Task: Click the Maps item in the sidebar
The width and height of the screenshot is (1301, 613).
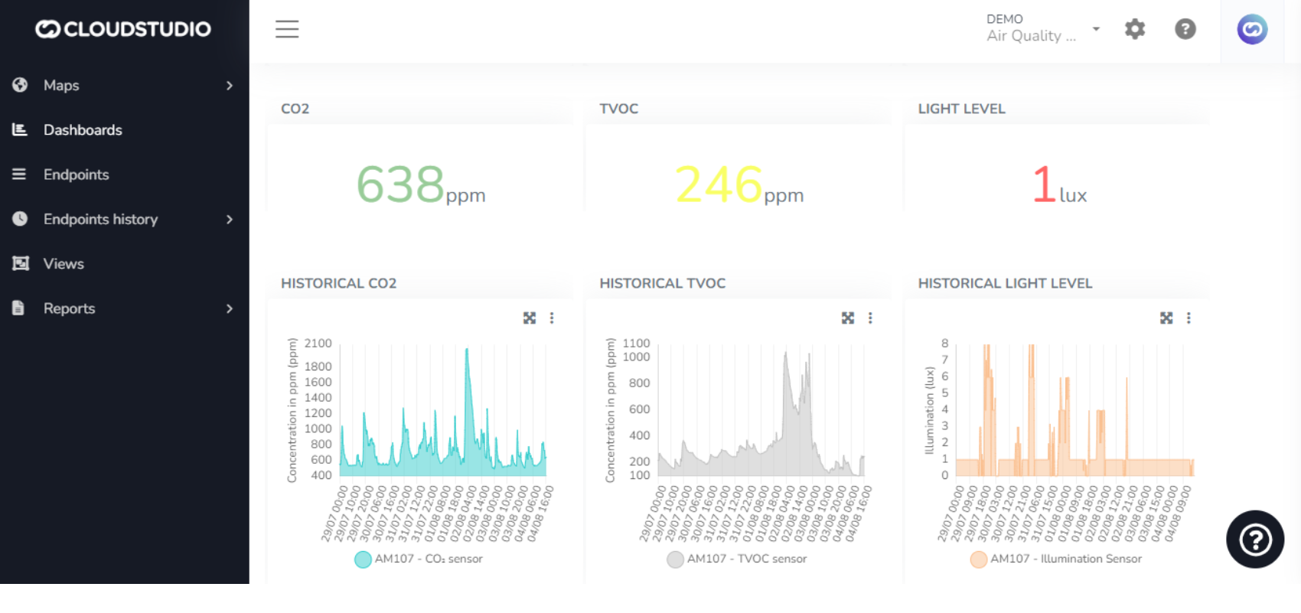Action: pos(61,86)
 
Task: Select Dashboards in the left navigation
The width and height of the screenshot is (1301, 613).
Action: pos(83,130)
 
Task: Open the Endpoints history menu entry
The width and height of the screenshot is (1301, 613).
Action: pos(100,220)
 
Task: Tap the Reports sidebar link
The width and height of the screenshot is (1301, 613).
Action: pos(69,308)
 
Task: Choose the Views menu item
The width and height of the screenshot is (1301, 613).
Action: pos(64,264)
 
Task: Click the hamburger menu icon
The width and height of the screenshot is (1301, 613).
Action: pos(287,29)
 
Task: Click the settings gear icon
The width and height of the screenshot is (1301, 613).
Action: pos(1134,29)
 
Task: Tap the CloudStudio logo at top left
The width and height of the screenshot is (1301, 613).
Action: pos(123,29)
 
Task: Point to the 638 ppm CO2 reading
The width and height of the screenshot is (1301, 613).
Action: pos(401,184)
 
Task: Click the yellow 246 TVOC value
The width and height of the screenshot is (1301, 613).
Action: pos(719,184)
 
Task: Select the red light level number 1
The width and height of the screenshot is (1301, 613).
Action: pos(1044,184)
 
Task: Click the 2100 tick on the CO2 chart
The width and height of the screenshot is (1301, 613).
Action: pos(318,344)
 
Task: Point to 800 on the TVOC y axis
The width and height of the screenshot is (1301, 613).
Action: pos(640,383)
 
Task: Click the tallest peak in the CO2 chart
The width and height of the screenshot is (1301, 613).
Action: pos(467,351)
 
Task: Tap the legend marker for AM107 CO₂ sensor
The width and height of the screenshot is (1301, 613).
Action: pos(363,559)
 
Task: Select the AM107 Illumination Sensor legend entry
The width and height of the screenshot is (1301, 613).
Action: pos(1065,559)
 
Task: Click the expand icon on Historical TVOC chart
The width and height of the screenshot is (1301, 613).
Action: pos(848,318)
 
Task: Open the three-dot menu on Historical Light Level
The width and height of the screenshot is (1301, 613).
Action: pos(1189,318)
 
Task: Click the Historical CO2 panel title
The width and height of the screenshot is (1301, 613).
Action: pos(338,283)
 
